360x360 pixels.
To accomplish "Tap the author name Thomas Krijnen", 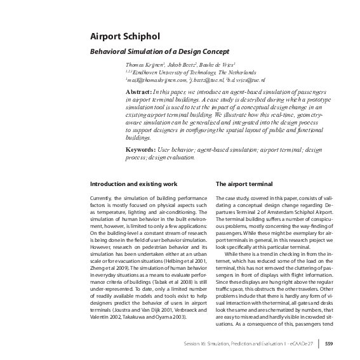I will click(x=143, y=65).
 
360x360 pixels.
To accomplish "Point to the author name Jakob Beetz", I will click(x=178, y=65).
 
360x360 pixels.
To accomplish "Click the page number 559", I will click(x=329, y=345).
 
